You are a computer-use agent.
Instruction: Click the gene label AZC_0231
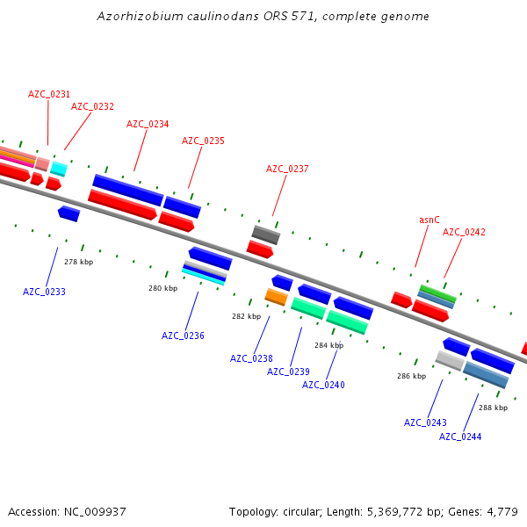click(x=49, y=94)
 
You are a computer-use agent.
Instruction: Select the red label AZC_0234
click(x=148, y=124)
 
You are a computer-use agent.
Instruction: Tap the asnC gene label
click(x=430, y=220)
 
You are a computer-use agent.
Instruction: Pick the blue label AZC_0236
click(x=183, y=336)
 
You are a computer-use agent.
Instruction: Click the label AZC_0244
click(x=460, y=437)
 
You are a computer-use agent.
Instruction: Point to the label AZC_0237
click(x=287, y=169)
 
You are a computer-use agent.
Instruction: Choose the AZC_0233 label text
click(x=44, y=292)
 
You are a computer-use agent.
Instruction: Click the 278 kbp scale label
click(x=79, y=262)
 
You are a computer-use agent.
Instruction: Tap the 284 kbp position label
click(x=328, y=345)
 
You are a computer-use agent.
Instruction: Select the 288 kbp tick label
click(x=493, y=407)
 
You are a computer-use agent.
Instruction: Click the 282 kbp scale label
click(x=246, y=316)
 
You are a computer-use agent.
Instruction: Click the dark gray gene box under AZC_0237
click(x=266, y=235)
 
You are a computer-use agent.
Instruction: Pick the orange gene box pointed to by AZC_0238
click(x=277, y=297)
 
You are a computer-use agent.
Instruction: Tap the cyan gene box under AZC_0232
click(x=58, y=169)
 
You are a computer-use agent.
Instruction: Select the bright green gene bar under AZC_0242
click(x=437, y=292)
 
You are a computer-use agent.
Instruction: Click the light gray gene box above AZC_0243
click(x=450, y=360)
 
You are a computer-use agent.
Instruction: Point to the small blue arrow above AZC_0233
click(x=69, y=213)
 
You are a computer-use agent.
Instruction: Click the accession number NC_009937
click(x=95, y=511)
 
